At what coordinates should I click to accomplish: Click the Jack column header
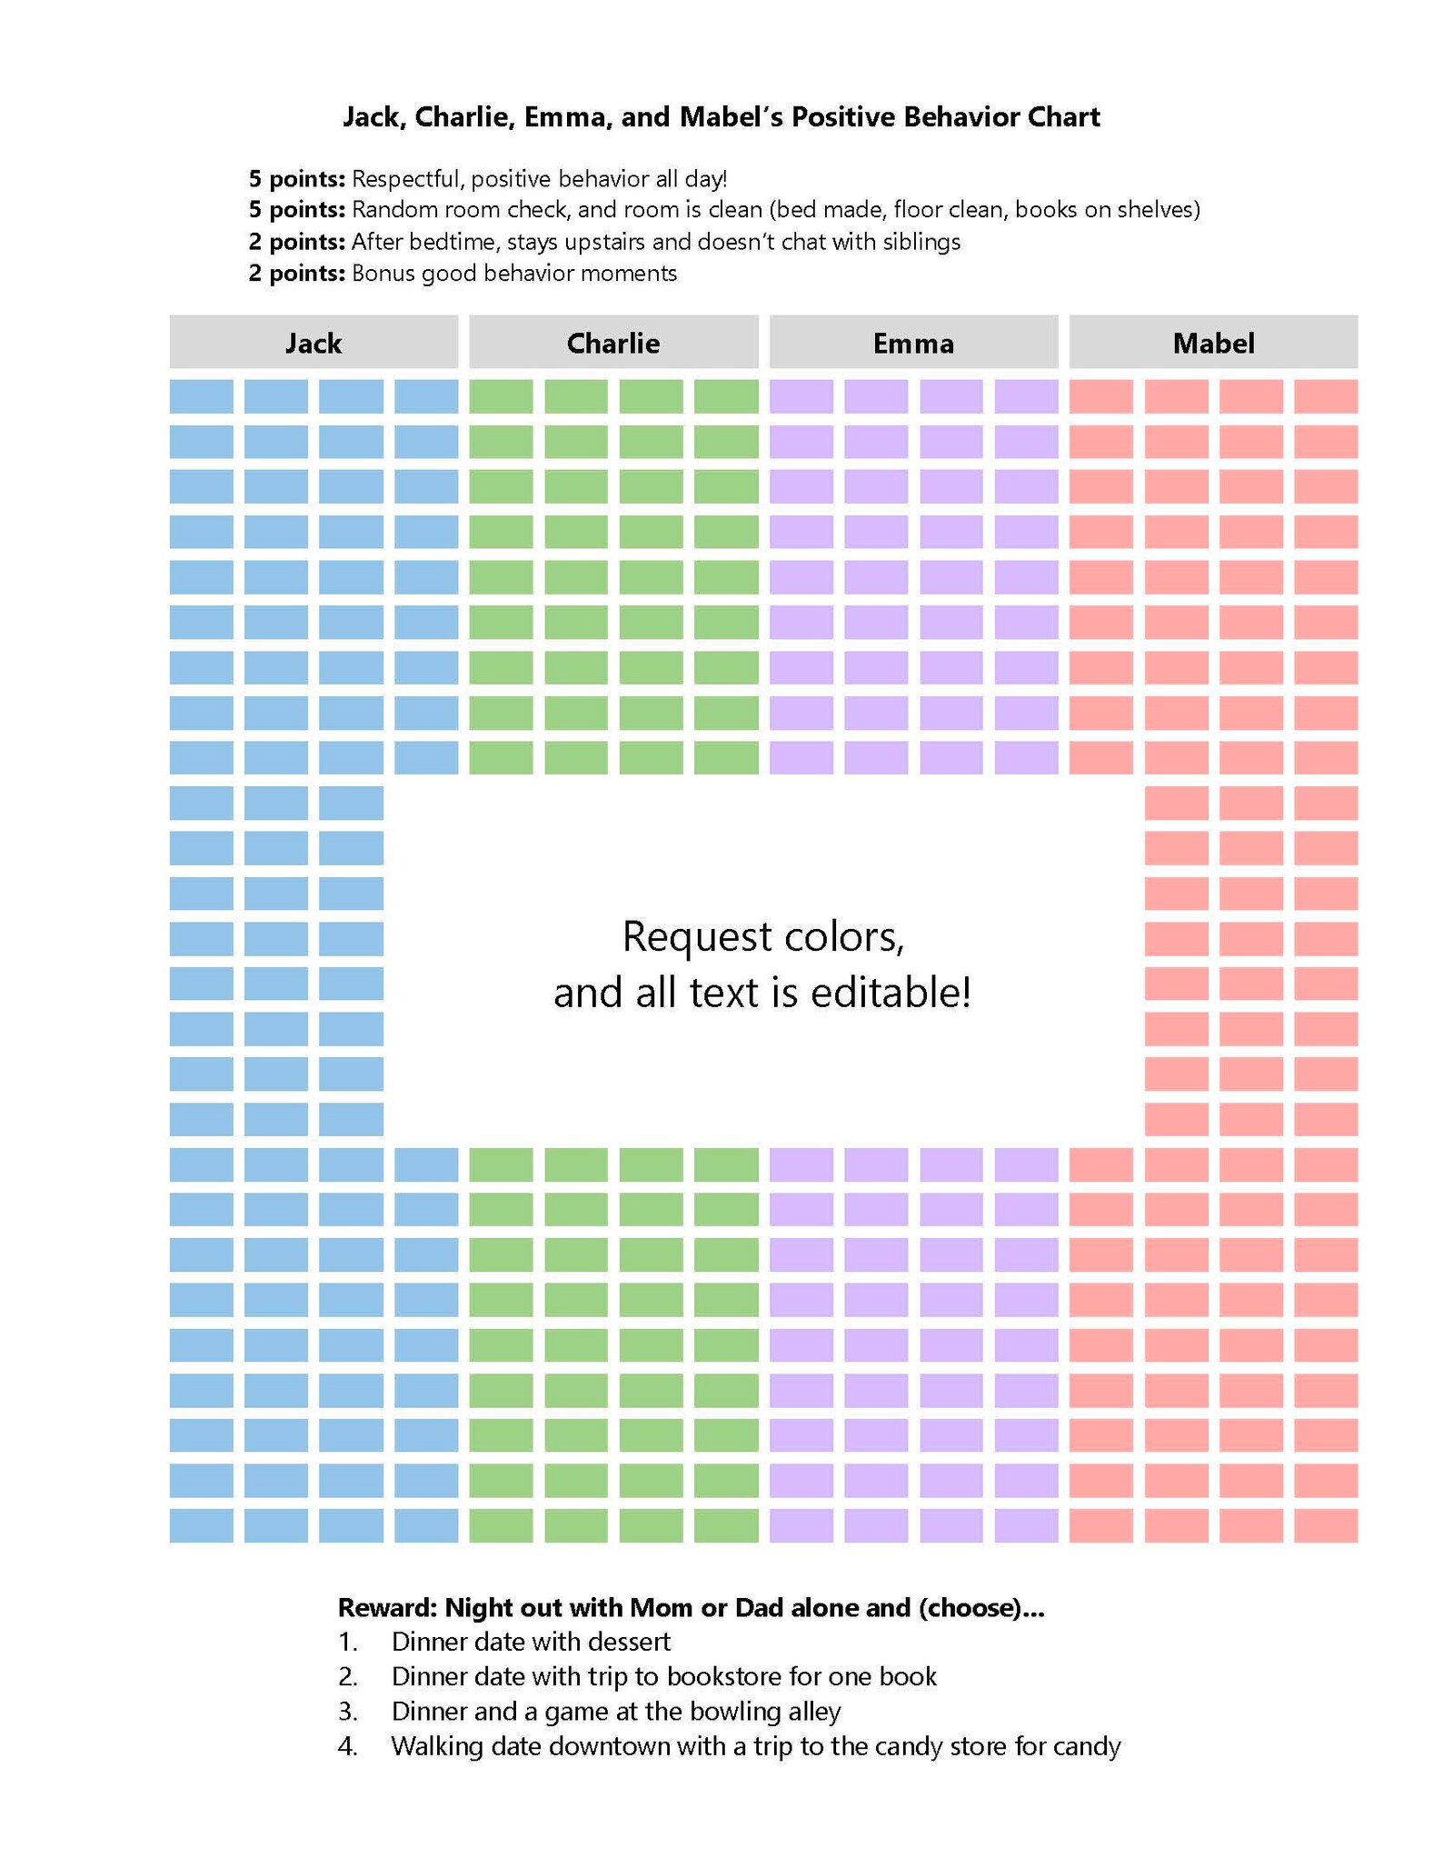click(313, 342)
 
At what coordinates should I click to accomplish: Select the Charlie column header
click(613, 342)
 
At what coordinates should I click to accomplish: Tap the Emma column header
click(913, 342)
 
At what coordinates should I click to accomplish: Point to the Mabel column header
click(1213, 342)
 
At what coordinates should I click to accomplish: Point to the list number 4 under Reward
click(347, 1747)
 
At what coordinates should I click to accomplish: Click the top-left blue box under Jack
click(201, 396)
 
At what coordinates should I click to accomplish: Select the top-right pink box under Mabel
click(1326, 396)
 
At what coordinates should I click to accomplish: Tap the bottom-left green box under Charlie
click(501, 1526)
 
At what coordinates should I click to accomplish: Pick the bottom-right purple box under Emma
click(1026, 1526)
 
